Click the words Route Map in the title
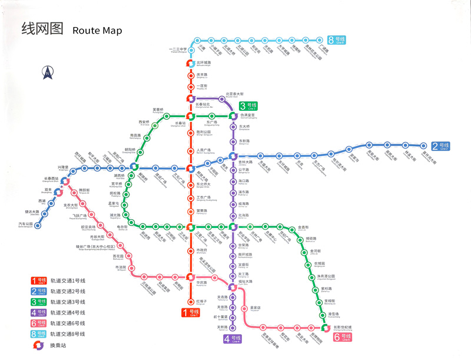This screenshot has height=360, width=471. (97, 30)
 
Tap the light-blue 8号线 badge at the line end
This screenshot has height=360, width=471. (338, 40)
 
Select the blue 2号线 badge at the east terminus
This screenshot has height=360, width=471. (440, 146)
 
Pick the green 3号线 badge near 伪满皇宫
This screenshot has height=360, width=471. (248, 106)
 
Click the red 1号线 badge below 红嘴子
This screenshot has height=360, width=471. (190, 313)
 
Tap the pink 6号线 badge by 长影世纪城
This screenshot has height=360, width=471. (342, 337)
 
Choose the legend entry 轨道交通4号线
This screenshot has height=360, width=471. (67, 312)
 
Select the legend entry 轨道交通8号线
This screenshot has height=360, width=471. (67, 333)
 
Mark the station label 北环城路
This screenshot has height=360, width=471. (204, 63)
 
